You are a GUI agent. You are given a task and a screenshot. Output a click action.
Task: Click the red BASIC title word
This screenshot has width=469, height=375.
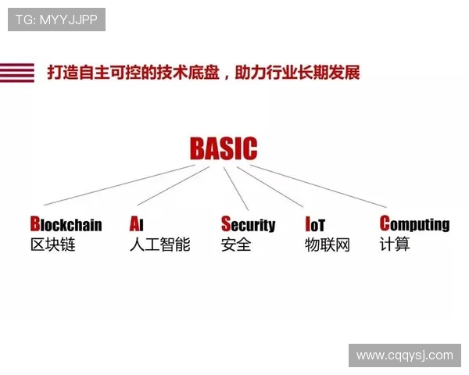(223, 148)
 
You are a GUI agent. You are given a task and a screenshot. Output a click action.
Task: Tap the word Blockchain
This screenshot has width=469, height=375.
(66, 225)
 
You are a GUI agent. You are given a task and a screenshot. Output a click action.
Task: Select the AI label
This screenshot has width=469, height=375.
(137, 225)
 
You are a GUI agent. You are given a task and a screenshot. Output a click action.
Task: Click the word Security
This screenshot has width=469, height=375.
(248, 225)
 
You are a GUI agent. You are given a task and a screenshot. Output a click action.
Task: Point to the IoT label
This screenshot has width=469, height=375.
(315, 225)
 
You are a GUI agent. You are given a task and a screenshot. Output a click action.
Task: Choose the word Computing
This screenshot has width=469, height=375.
(414, 224)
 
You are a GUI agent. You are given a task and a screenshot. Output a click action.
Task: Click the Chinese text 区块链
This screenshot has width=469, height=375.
(52, 245)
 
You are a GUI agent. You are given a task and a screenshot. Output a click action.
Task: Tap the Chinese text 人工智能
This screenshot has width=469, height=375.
(159, 245)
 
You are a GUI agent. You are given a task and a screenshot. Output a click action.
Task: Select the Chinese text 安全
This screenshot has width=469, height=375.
(236, 245)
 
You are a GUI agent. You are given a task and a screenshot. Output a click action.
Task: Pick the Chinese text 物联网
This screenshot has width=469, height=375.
(328, 245)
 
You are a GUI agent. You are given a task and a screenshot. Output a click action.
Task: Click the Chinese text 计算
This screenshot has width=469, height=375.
(395, 245)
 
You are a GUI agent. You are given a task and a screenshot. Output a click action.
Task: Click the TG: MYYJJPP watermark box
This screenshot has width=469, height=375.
(56, 20)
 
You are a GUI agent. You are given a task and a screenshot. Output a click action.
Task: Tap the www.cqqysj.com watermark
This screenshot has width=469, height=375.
(404, 355)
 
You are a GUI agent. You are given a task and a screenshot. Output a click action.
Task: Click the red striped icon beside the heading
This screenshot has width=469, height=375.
(17, 73)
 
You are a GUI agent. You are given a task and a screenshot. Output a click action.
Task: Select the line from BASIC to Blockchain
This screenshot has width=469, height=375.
(117, 184)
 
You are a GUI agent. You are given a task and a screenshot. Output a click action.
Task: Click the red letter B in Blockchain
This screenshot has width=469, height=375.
(34, 224)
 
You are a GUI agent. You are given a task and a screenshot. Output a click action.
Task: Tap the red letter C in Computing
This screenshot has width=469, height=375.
(385, 223)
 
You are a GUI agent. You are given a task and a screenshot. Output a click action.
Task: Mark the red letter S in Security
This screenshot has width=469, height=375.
(226, 224)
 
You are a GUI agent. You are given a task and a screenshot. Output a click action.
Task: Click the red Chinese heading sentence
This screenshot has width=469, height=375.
(203, 73)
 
